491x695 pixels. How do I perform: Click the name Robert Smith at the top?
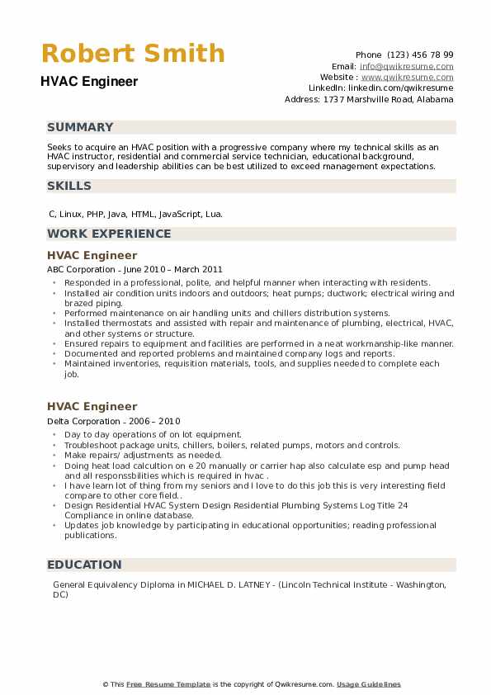tap(133, 54)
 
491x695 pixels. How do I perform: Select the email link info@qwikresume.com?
tap(406, 66)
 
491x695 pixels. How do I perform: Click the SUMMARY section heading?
tap(80, 127)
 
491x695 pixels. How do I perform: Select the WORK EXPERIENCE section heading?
tap(109, 234)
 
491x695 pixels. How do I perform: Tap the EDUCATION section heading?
tap(84, 565)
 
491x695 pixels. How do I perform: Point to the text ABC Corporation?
tap(81, 269)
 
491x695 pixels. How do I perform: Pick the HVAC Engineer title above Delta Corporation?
tap(92, 407)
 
